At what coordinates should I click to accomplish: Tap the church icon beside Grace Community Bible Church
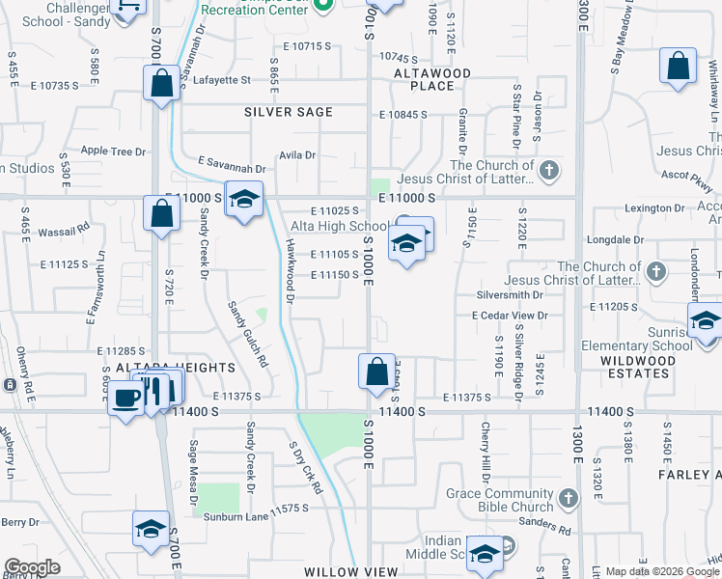pos(569,498)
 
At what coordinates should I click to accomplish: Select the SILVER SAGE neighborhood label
pos(288,112)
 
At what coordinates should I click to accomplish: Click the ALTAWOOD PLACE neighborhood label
pos(431,79)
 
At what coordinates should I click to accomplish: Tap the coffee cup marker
pos(125,398)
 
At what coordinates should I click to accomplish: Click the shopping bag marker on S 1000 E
pos(375,371)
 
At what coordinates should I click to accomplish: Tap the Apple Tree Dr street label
pos(113,152)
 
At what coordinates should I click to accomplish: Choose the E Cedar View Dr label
pos(510,316)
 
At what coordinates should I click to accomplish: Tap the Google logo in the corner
pos(31,567)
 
